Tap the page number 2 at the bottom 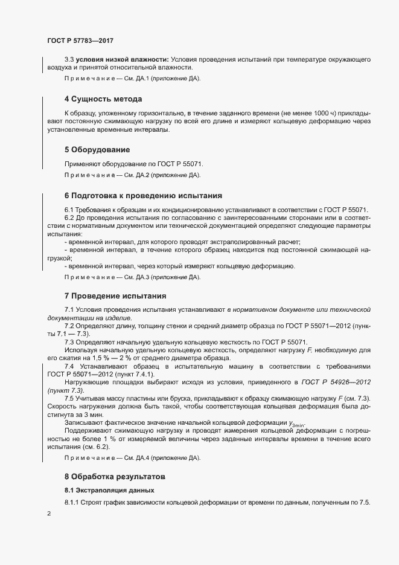[49, 513]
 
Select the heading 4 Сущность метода [103, 98]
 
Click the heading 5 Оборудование [97, 149]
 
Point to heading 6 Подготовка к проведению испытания [143, 195]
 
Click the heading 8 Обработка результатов [114, 477]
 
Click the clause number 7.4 [69, 367]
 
